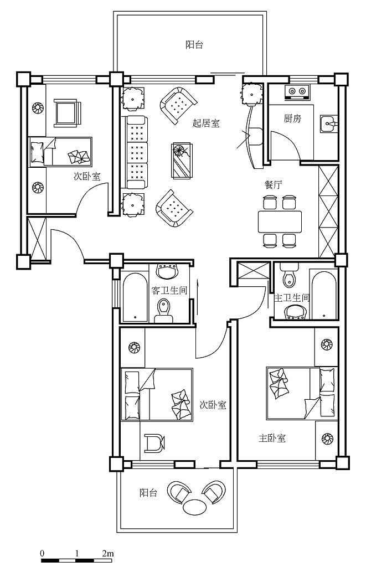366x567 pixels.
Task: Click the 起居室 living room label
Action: tap(206, 123)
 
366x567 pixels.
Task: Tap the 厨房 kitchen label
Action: tap(292, 118)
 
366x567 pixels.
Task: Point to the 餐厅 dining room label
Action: tap(273, 185)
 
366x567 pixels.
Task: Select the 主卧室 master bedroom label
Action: tap(272, 439)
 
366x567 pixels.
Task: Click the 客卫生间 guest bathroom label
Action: tap(169, 290)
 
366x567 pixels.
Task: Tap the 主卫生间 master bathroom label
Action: tap(292, 298)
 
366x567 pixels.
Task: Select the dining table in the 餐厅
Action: tap(280, 221)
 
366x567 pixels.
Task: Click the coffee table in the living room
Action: tap(182, 160)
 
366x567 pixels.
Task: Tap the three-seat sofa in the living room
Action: tap(137, 152)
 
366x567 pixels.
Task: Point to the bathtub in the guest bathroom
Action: tap(135, 297)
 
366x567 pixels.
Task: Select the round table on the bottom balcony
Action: tap(194, 507)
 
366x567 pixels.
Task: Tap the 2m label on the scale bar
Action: tap(108, 553)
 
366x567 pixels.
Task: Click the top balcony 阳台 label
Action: tap(194, 45)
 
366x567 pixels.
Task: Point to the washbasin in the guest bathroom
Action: tap(167, 271)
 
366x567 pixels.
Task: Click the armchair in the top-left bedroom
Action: tap(67, 112)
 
